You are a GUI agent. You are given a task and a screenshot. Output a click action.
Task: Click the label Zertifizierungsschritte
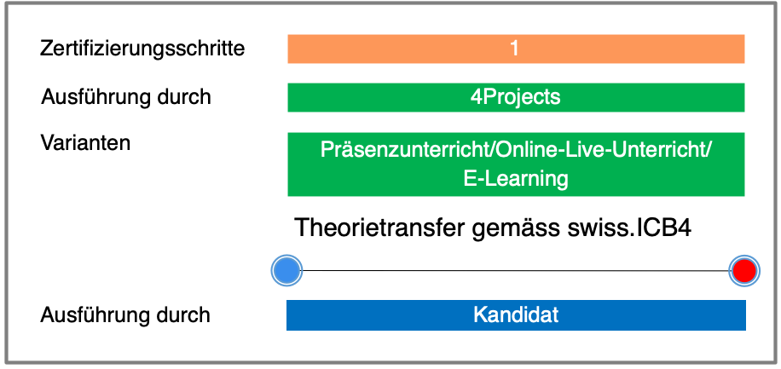(142, 49)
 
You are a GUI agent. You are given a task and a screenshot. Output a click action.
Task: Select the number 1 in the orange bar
(514, 49)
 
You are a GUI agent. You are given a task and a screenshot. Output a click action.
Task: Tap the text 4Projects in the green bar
(516, 97)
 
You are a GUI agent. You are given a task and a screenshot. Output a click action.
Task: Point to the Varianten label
(85, 143)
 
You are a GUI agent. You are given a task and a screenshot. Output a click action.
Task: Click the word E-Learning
(516, 179)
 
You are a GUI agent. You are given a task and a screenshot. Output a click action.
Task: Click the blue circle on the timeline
(286, 270)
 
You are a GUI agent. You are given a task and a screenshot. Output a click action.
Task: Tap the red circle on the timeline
(744, 270)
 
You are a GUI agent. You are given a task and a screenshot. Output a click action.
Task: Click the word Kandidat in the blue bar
(516, 314)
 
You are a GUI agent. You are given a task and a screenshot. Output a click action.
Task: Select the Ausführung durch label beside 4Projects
(126, 97)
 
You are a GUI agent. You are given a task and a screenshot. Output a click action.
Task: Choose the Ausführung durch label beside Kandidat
(125, 314)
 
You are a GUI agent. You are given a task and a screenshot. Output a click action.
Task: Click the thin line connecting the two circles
(516, 271)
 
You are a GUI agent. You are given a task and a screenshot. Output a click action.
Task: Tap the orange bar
(516, 49)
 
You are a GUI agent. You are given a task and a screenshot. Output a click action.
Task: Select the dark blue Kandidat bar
(516, 315)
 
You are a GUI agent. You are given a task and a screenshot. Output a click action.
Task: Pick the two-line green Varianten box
(516, 164)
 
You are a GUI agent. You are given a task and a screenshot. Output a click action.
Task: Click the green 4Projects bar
(516, 98)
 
